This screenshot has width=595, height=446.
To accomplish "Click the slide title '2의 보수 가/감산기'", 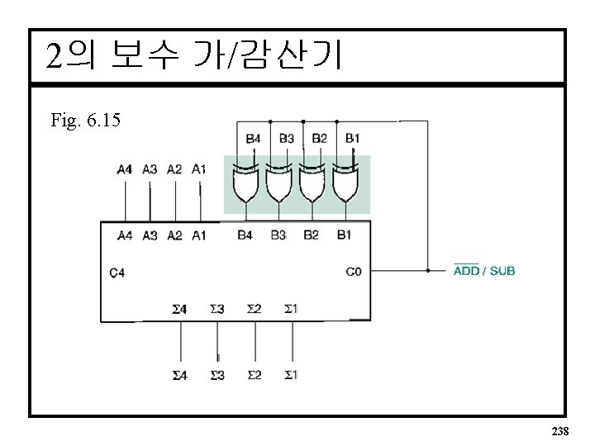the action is click(x=193, y=56).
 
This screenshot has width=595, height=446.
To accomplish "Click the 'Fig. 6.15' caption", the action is click(x=85, y=121).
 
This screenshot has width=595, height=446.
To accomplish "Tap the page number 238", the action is click(x=559, y=432).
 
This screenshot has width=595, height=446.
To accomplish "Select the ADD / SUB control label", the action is click(x=484, y=270).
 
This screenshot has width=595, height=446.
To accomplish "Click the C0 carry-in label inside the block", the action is click(x=354, y=270).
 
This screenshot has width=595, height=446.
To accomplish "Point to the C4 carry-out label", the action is click(x=117, y=272).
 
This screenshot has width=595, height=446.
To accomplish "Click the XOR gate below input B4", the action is click(x=246, y=184).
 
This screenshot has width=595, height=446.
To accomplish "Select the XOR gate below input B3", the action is click(x=278, y=184).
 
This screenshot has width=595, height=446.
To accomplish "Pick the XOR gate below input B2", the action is click(x=311, y=184).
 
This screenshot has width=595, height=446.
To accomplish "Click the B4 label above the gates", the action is click(x=254, y=138).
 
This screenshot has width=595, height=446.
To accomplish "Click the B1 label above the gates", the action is click(x=352, y=138).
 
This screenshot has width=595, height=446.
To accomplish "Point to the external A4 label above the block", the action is click(x=124, y=169).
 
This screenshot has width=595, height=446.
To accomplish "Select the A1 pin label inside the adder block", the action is click(x=199, y=235).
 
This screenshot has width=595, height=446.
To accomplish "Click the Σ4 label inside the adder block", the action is click(x=179, y=309).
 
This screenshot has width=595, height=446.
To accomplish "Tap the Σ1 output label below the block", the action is click(x=290, y=375).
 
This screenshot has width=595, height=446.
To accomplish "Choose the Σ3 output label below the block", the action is click(x=217, y=375).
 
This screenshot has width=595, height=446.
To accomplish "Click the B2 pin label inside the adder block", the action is click(x=311, y=235).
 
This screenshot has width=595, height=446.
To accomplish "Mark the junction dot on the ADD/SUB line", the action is click(x=427, y=270).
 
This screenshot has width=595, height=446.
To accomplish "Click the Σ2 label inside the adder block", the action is click(x=254, y=309).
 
